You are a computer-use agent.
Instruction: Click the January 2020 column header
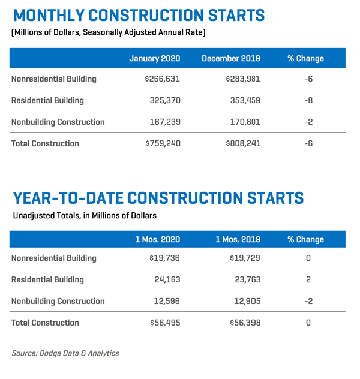[x=154, y=58]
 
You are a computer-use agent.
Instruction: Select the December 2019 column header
[x=230, y=58]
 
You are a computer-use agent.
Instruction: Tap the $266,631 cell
[x=163, y=79]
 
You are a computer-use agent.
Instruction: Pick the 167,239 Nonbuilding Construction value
[x=164, y=122]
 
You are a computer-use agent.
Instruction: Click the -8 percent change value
[x=308, y=100]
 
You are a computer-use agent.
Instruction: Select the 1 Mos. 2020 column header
[x=157, y=239]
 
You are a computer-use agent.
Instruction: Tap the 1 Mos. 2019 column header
[x=238, y=239]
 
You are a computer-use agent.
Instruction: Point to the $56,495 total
[x=165, y=323]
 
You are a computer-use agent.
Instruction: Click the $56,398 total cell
[x=245, y=323]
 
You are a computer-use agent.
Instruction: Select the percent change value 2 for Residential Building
[x=308, y=279]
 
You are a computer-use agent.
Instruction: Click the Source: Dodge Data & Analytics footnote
[x=65, y=353]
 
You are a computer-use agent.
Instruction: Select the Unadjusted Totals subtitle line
[x=85, y=215]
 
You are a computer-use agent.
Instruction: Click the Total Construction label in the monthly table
[x=45, y=143]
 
